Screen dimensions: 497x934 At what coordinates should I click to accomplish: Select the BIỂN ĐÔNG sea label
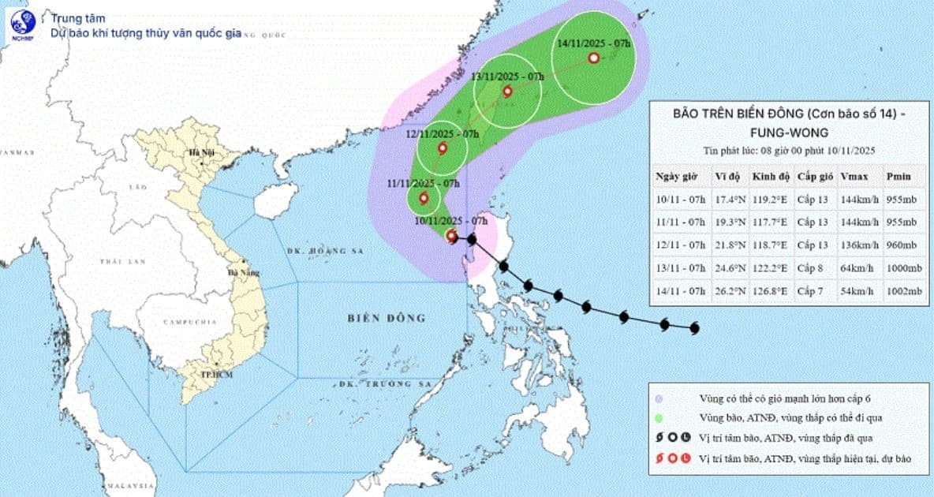(386, 318)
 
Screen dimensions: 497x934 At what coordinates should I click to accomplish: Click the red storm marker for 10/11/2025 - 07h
(451, 236)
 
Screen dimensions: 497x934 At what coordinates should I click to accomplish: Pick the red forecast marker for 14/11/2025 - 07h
(593, 58)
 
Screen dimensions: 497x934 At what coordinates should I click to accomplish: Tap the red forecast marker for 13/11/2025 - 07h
(507, 92)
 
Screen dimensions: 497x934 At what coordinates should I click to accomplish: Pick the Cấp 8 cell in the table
(809, 269)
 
